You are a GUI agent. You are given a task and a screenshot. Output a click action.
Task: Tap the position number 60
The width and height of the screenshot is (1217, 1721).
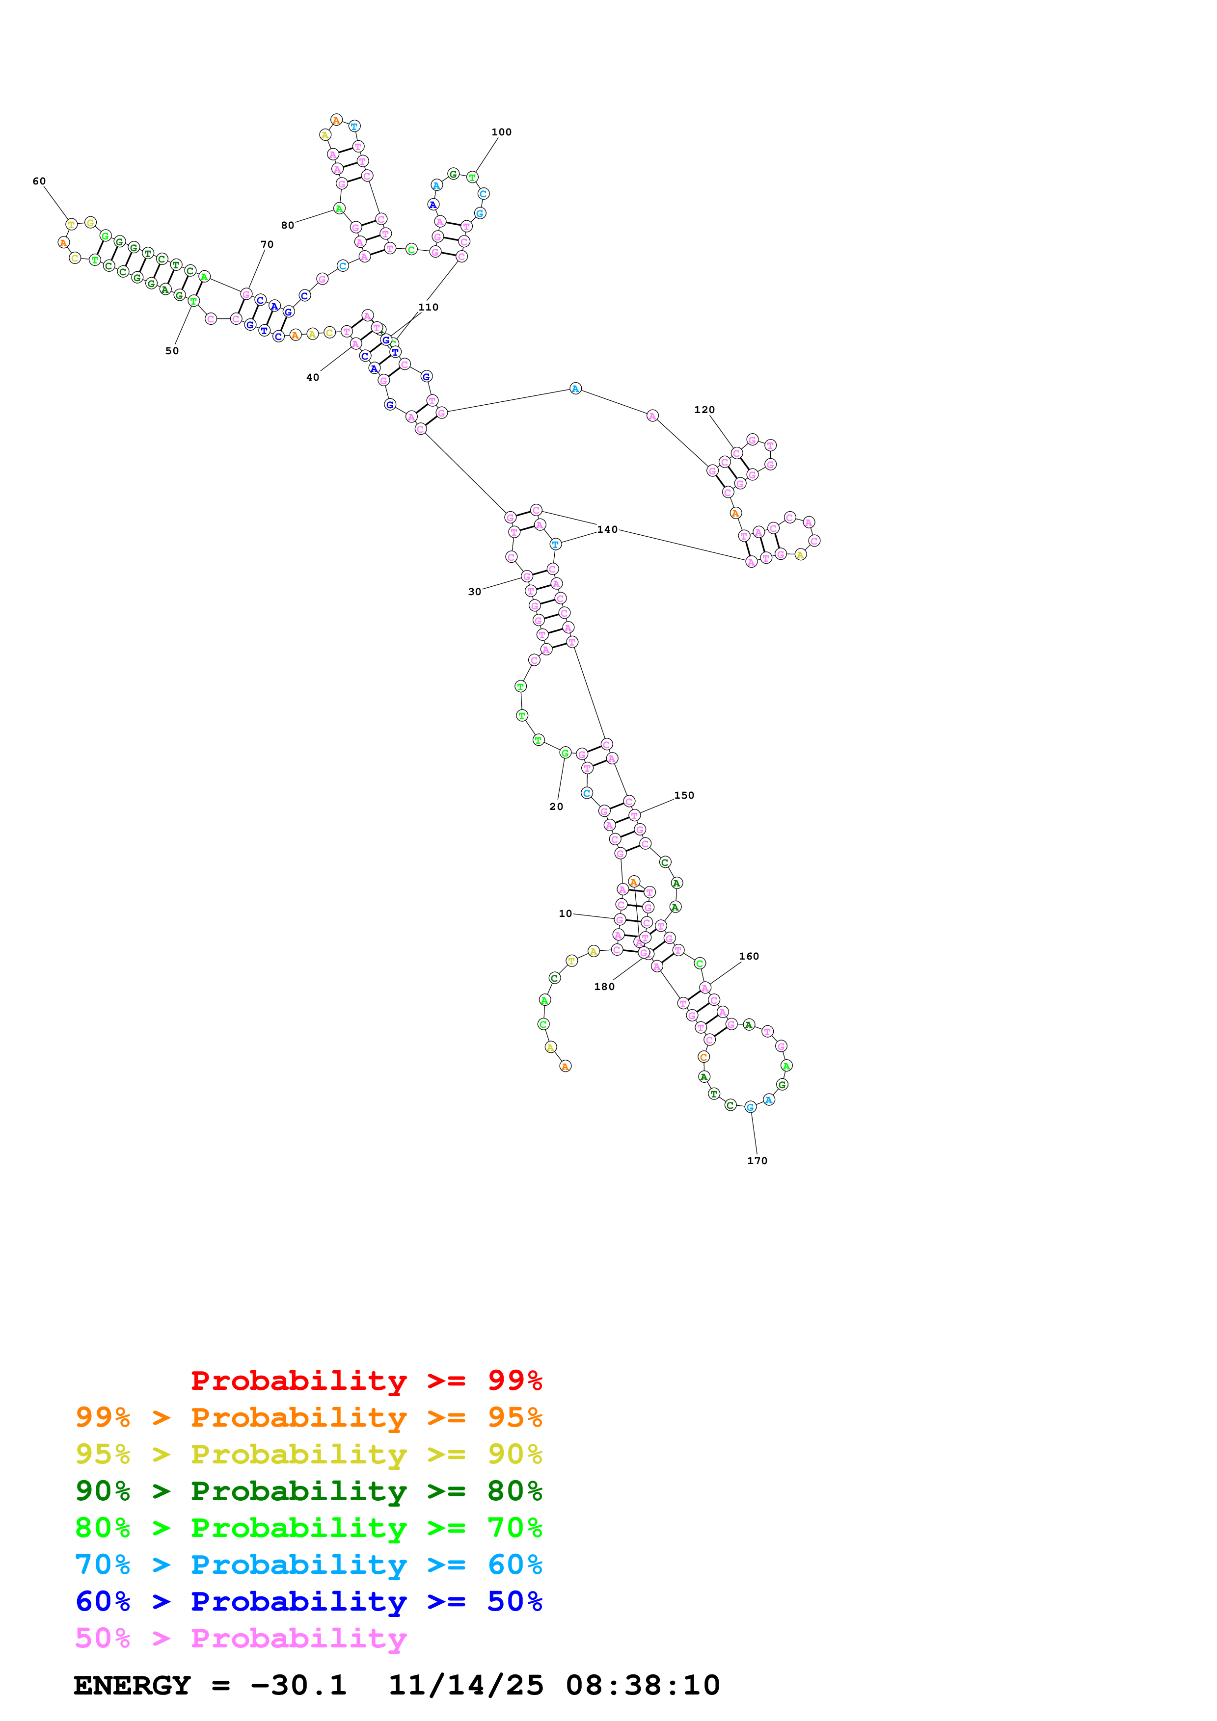tap(39, 182)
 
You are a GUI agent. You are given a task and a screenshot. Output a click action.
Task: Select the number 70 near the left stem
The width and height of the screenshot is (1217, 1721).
tap(267, 244)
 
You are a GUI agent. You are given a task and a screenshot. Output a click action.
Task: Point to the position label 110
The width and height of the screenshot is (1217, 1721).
tap(428, 307)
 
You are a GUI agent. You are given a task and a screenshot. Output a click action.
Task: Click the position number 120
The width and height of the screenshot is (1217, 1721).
tap(704, 410)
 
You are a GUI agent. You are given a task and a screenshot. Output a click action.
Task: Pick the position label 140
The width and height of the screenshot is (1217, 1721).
tap(607, 530)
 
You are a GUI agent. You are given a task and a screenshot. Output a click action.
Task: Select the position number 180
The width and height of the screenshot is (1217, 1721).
tap(604, 987)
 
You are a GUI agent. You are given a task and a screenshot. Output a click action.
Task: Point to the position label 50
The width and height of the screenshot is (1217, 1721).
tap(172, 351)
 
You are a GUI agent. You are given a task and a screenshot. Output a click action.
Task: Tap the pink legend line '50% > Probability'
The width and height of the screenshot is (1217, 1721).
tap(241, 1639)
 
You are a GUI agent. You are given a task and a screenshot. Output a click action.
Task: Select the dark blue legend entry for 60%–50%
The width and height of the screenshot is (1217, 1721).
tap(308, 1602)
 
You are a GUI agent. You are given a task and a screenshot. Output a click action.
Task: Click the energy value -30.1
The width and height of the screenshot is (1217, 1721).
tap(298, 1686)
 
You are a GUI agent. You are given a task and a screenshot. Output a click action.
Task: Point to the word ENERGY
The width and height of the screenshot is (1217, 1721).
tap(132, 1686)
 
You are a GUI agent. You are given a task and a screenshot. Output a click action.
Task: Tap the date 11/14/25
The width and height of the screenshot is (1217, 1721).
tap(465, 1686)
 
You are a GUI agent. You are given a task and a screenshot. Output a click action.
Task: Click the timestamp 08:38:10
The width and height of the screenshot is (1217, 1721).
tap(643, 1686)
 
